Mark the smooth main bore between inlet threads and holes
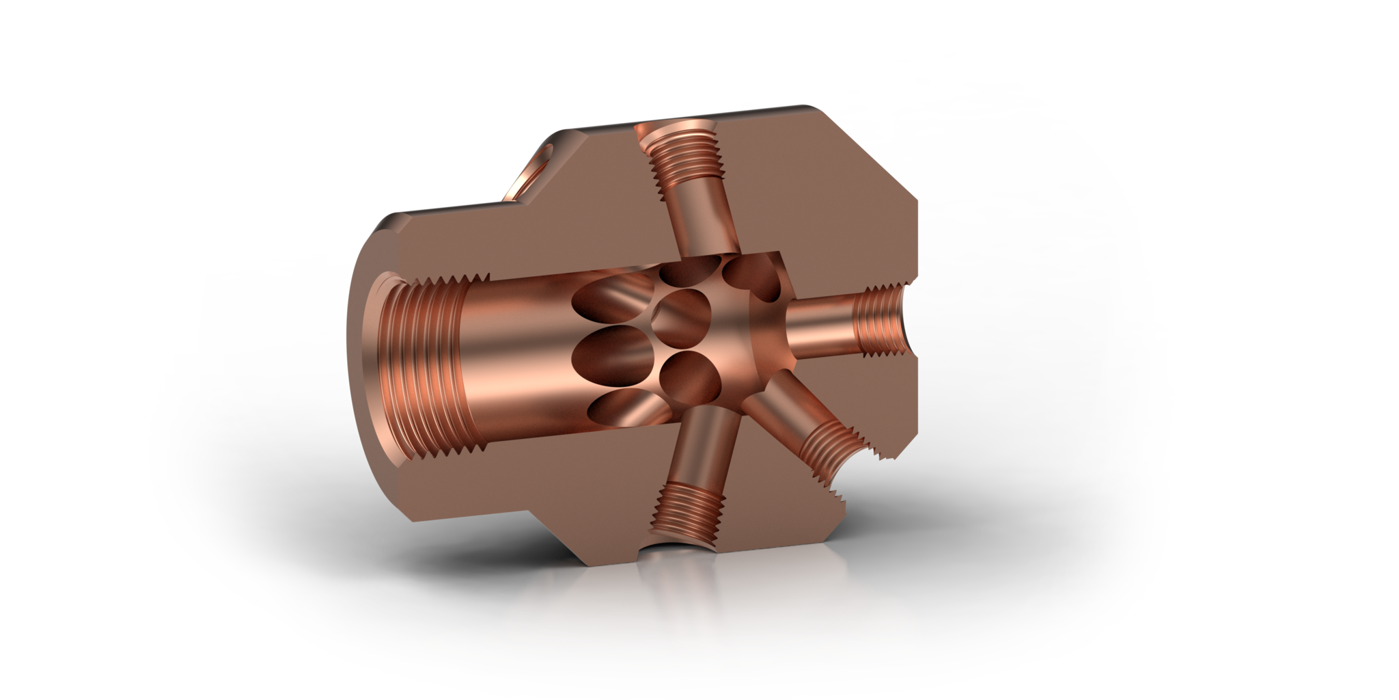click(x=512, y=342)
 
